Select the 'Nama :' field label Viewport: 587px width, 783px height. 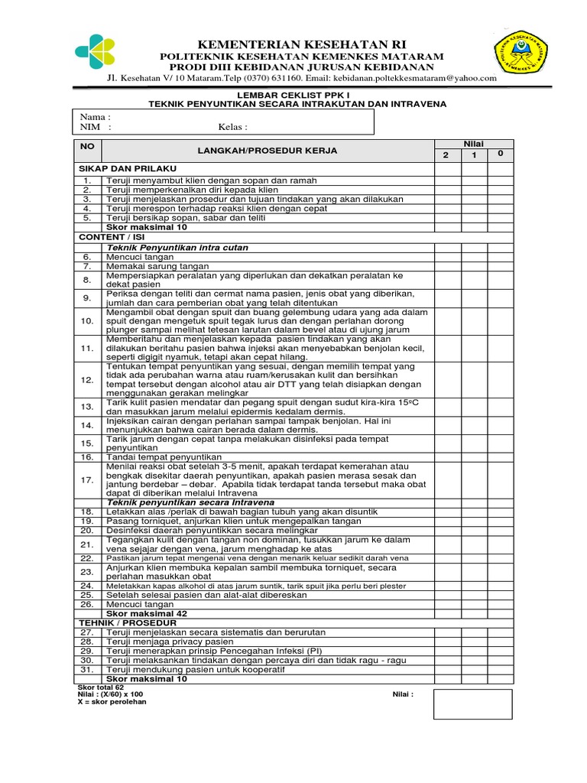point(96,116)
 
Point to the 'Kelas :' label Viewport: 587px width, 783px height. point(232,128)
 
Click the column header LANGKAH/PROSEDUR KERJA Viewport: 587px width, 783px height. point(268,151)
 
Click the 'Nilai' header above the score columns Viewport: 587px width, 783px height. point(474,144)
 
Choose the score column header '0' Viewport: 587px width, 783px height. point(500,154)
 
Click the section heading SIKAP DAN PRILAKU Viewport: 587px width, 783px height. point(127,167)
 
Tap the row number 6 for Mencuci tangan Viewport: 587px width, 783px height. point(87,258)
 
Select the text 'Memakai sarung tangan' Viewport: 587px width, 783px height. point(151,267)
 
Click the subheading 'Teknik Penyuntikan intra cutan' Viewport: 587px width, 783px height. point(177,248)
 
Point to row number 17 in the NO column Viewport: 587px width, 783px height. point(87,479)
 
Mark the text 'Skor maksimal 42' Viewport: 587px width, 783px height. point(146,613)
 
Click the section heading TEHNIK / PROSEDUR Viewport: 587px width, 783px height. point(127,623)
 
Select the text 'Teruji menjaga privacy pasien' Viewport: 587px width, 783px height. point(170,642)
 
